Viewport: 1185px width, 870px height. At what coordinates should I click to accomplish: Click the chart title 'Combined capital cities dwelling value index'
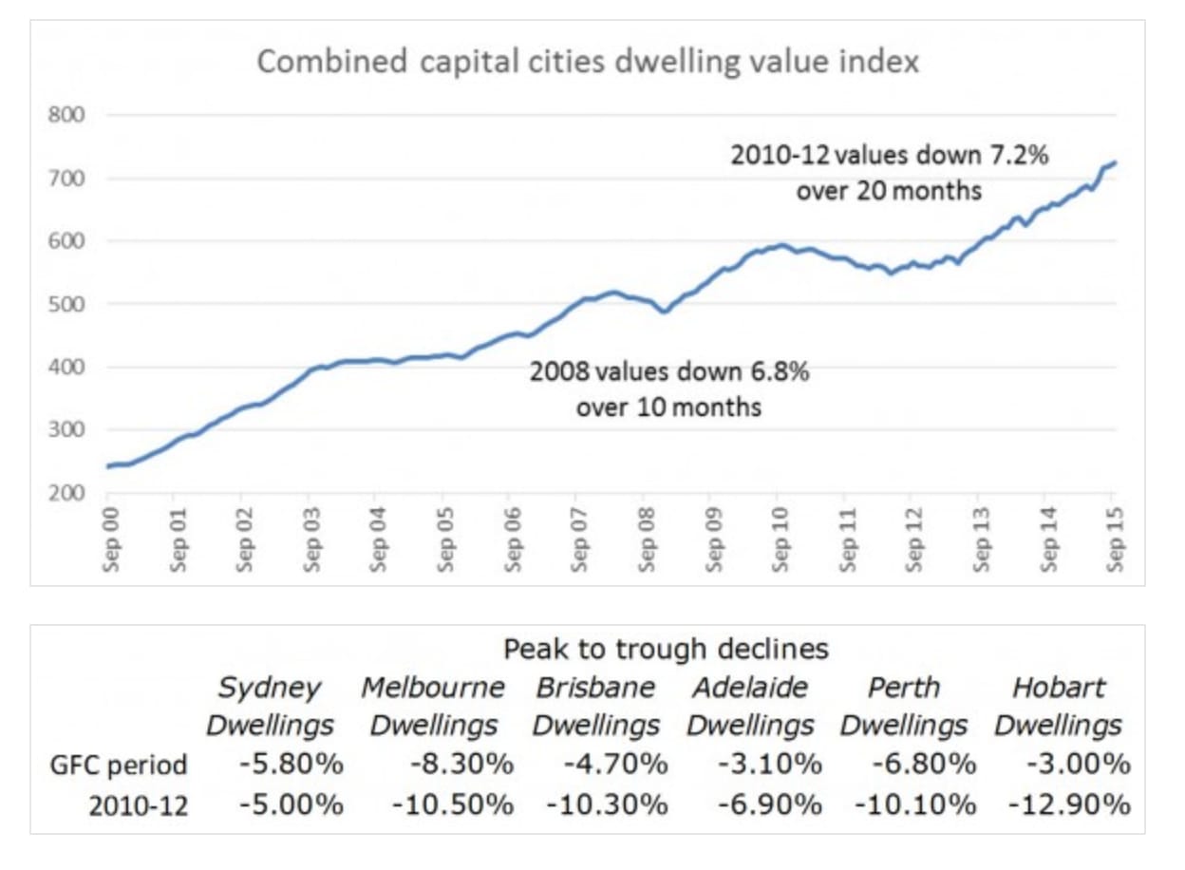tap(588, 63)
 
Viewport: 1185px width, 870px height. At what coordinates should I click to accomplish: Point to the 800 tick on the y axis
tap(66, 115)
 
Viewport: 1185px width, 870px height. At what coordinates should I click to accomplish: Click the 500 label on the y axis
tap(66, 304)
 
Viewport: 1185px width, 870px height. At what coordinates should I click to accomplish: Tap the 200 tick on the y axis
tap(66, 493)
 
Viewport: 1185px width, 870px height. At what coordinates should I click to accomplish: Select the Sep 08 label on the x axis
tap(647, 539)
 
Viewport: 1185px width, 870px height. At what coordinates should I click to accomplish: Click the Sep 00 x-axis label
tap(112, 539)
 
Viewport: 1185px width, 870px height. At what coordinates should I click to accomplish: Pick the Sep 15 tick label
tap(1115, 539)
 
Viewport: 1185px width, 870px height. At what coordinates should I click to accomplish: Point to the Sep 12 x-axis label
tap(914, 539)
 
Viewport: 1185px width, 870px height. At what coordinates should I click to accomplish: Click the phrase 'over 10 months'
tap(669, 407)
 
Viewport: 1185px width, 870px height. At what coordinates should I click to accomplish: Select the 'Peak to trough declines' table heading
tap(666, 650)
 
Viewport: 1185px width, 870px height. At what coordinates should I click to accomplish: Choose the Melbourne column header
tap(433, 706)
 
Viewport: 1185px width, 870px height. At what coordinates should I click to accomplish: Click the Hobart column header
tap(1059, 706)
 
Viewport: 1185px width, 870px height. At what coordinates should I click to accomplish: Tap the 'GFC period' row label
tap(119, 765)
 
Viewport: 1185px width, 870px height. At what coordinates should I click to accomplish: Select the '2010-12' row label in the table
tap(139, 806)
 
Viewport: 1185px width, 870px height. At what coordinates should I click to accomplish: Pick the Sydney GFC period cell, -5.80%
tap(292, 765)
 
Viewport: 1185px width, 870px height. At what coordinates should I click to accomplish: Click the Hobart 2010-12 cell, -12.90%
tap(1070, 805)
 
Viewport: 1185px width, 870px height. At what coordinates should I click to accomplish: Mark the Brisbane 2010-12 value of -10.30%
tap(608, 805)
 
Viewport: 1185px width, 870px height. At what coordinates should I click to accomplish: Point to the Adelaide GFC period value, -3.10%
tap(770, 765)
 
